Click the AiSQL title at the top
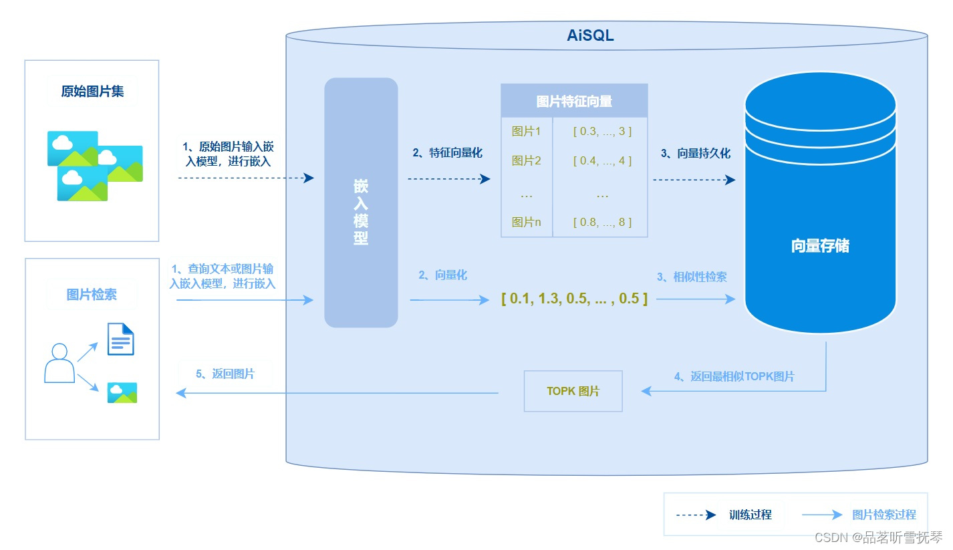590,36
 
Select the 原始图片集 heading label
92,92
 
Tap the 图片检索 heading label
92,295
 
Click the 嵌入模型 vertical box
361,202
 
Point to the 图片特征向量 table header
574,102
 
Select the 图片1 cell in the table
526,131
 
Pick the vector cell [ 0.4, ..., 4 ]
602,161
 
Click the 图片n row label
526,222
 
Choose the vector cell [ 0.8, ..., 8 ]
602,222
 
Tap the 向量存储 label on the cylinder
820,246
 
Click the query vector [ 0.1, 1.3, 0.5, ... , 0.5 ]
574,299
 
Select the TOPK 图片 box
573,391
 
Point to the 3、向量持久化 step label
696,153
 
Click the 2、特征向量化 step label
447,153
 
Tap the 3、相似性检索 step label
692,277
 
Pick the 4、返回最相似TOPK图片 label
734,376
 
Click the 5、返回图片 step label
225,374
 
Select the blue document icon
121,339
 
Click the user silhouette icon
59,363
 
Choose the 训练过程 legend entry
750,515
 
